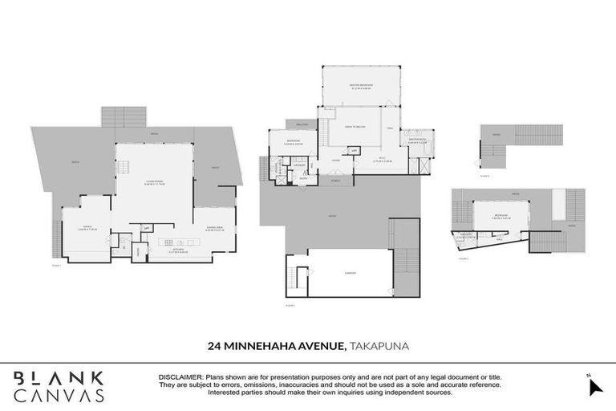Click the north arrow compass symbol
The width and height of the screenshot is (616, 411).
pos(594,385)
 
